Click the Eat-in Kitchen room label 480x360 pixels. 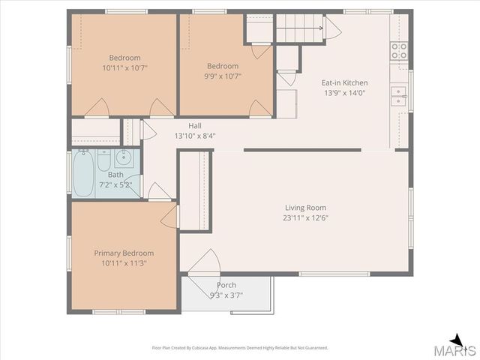pyautogui.click(x=344, y=83)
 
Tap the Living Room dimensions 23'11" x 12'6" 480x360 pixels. pyautogui.click(x=305, y=218)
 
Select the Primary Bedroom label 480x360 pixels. pyautogui.click(x=124, y=253)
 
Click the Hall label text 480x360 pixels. pyautogui.click(x=195, y=126)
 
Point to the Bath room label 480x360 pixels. pyautogui.click(x=115, y=174)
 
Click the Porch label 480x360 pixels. pyautogui.click(x=226, y=285)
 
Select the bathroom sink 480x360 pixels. pyautogui.click(x=126, y=157)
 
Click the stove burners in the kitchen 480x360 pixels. pyautogui.click(x=398, y=50)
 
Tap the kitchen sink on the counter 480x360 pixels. pyautogui.click(x=398, y=94)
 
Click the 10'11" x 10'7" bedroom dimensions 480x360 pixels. pyautogui.click(x=124, y=68)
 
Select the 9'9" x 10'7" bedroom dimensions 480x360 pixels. pyautogui.click(x=223, y=76)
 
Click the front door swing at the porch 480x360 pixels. pyautogui.click(x=202, y=264)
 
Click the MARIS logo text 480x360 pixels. pyautogui.click(x=457, y=350)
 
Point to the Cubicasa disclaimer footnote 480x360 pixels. pyautogui.click(x=240, y=347)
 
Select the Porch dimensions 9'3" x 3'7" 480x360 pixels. pyautogui.click(x=226, y=295)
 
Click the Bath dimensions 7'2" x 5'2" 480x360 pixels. pyautogui.click(x=115, y=184)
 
